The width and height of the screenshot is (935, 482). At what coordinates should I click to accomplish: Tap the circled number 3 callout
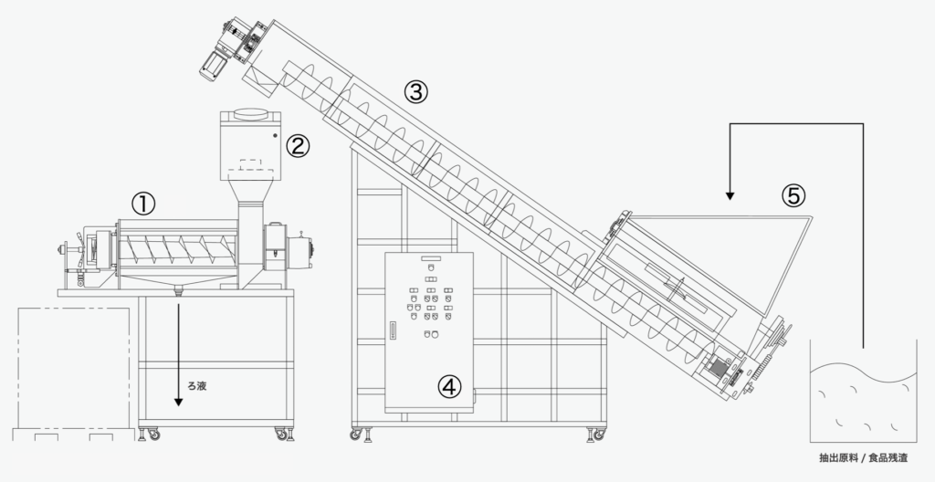tap(415, 91)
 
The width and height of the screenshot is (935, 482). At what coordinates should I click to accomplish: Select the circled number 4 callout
tap(448, 387)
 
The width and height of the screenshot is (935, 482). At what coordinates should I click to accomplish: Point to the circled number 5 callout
tap(793, 194)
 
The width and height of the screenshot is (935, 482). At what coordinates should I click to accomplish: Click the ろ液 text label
tap(196, 386)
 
